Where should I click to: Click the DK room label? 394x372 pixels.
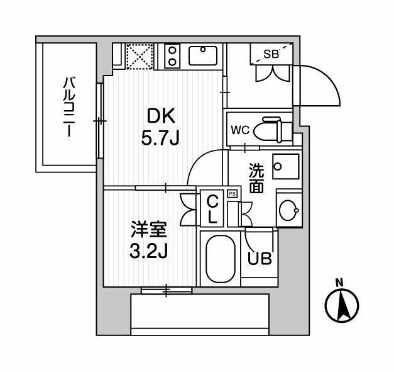point(161,116)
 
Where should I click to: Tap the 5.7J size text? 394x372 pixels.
point(160,138)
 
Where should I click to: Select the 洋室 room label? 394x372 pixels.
point(149,229)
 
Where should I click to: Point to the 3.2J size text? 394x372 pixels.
point(148,251)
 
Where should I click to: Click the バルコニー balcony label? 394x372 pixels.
point(69,107)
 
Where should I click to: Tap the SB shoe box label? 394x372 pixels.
point(271,54)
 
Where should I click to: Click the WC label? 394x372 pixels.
point(240,130)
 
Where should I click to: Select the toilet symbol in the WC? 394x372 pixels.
point(273,130)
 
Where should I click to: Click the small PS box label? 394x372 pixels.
point(232,194)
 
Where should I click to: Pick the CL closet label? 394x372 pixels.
point(212,210)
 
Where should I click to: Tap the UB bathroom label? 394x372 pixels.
point(260,259)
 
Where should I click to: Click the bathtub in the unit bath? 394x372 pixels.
point(221,259)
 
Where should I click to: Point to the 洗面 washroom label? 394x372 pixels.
point(256,178)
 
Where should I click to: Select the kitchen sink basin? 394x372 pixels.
point(203,55)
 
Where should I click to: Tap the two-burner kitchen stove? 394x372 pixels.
point(172,56)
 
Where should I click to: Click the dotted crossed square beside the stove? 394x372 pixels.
point(140,56)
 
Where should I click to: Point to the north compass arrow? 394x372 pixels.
point(342,305)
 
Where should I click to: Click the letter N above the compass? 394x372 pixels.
point(339,283)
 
